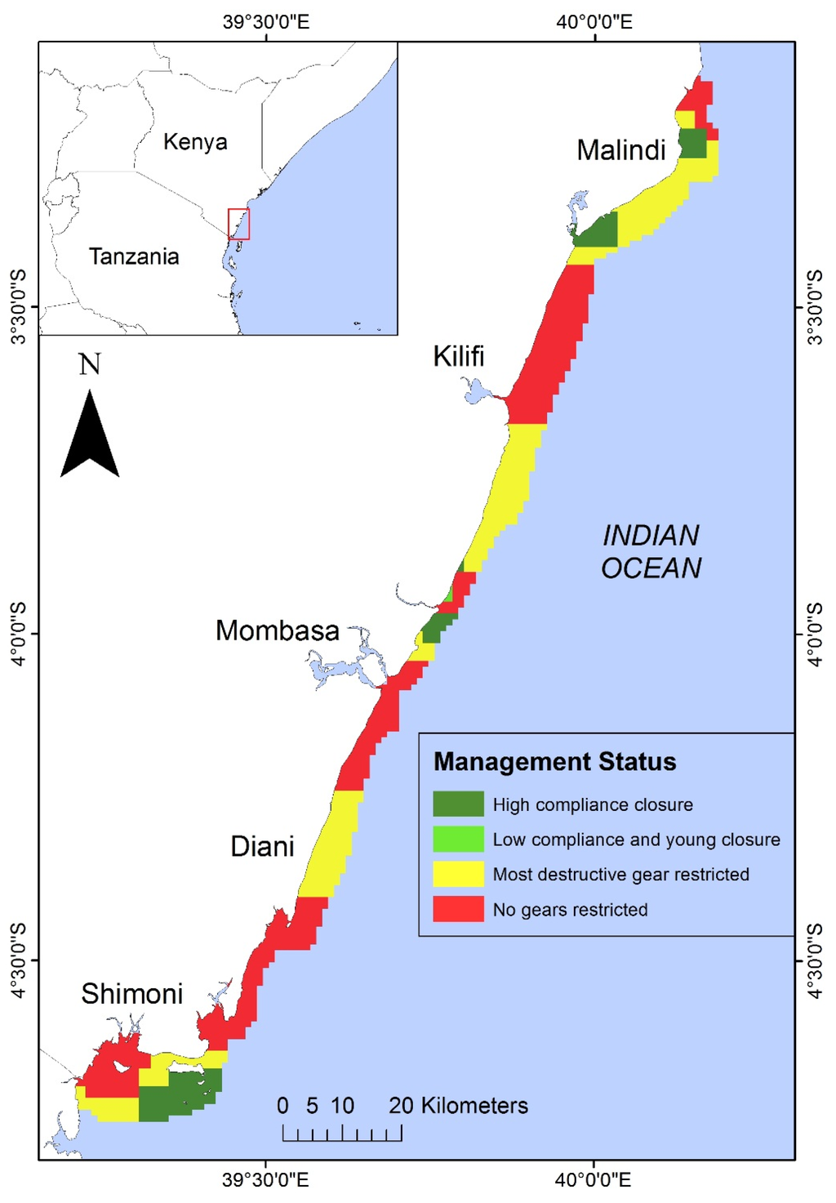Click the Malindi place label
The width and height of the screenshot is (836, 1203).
(620, 150)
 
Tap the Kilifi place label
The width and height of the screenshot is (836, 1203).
(458, 356)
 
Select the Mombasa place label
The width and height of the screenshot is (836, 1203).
(277, 630)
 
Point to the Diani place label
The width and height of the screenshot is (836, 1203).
(262, 846)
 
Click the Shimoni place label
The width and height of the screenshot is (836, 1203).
(131, 994)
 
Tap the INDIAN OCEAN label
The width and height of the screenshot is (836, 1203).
(651, 551)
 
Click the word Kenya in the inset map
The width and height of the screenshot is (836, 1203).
(195, 142)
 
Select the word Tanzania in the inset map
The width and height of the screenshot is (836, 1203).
(134, 256)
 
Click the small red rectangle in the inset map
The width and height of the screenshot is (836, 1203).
(238, 224)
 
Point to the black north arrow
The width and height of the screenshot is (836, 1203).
(90, 437)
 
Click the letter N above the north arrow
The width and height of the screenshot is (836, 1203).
(90, 364)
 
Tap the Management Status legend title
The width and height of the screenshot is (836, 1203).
(554, 762)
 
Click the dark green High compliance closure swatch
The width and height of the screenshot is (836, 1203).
(458, 804)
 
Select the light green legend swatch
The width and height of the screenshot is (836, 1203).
(458, 839)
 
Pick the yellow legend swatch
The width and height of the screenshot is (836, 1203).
(458, 874)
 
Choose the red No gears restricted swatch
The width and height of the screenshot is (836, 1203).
(458, 909)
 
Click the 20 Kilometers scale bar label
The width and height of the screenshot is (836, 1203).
(458, 1106)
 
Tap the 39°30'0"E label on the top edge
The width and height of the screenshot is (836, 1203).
(266, 21)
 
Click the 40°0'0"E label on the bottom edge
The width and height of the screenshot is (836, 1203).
(594, 1180)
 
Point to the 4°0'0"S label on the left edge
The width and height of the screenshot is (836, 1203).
(18, 634)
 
